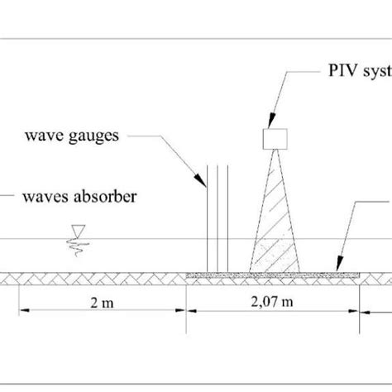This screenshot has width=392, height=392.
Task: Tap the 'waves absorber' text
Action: (x=74, y=196)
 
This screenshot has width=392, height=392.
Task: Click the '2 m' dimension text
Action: (x=103, y=303)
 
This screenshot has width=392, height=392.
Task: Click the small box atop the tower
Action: (x=274, y=138)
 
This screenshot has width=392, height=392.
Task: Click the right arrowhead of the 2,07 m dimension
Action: (x=359, y=312)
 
